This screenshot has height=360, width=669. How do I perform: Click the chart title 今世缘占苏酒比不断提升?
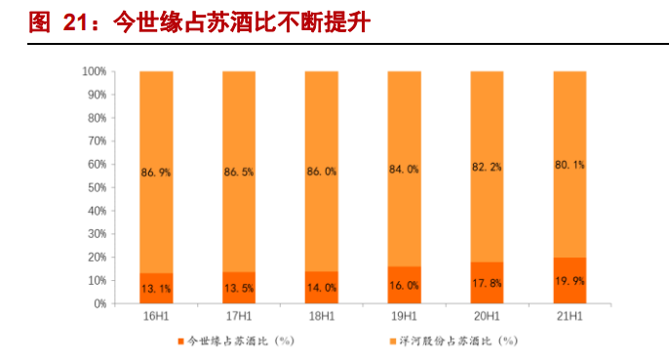coord(200,21)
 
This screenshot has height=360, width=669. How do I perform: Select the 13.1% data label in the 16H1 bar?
coord(156,288)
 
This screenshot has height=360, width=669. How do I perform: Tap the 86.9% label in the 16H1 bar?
coord(156,172)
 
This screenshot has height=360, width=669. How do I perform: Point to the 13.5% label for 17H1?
coord(239,288)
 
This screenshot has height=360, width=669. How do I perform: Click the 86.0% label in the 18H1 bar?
coord(322,171)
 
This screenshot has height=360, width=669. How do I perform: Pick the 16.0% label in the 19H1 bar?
coord(404,287)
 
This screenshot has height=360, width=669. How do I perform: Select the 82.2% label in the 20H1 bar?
coord(487,168)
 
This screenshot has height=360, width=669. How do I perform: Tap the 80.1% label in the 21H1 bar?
coord(570,166)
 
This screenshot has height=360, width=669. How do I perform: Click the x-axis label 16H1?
coord(156,317)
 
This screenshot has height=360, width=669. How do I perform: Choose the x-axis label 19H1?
coord(404,317)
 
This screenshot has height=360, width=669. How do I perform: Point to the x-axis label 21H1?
coord(570,317)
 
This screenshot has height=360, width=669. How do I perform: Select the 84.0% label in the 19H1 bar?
coord(404,170)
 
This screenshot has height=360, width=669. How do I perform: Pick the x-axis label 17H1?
coord(239,317)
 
